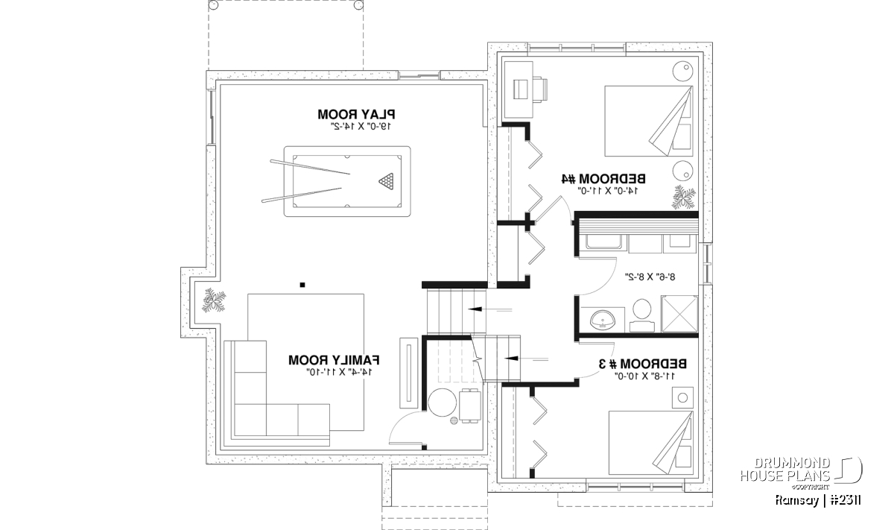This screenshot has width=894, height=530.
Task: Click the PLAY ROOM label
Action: pos(356,114)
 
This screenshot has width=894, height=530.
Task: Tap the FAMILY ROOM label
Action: pos(335,360)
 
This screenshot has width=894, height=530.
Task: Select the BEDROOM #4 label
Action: pos(603,179)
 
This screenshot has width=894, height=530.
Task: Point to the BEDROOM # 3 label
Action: pos(643,364)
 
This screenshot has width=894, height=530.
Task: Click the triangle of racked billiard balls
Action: pos(387,180)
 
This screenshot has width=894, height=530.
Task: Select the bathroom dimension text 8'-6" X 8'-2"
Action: pos(650,276)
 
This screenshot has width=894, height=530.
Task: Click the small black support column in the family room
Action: pos(302,284)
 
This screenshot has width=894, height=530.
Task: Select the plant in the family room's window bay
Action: pos(215,302)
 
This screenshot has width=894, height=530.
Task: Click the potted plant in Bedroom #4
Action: pos(683,197)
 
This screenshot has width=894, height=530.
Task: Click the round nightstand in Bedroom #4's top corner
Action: pos(684,72)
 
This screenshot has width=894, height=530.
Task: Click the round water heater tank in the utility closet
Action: pos(443,403)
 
